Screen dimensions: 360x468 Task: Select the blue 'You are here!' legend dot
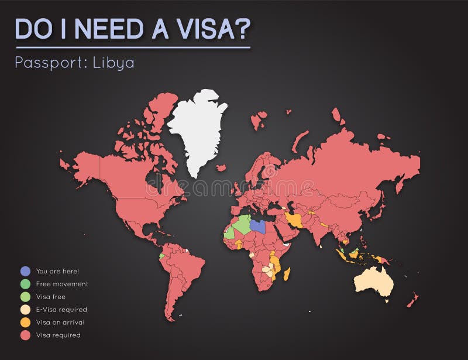25,271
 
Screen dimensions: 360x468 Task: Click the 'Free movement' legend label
62,284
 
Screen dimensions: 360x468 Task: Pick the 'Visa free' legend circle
25,297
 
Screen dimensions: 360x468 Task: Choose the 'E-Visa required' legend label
61,310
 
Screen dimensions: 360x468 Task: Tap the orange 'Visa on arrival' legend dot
25,323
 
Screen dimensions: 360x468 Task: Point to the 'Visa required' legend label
58,335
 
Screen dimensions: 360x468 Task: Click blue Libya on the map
257,226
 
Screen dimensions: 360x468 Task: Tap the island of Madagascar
287,274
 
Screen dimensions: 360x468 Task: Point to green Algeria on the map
239,225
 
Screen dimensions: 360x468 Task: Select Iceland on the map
221,168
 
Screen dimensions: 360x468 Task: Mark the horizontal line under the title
133,47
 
